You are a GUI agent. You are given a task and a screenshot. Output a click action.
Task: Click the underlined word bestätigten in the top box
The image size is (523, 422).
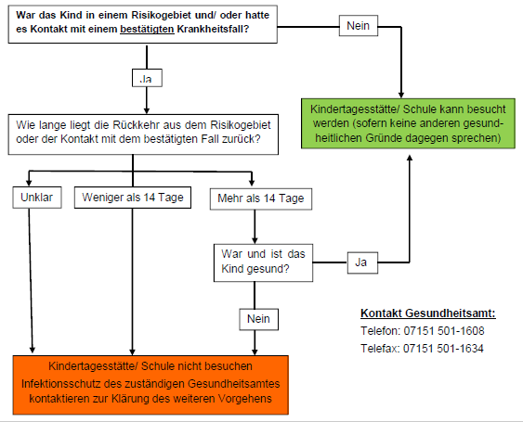point(147,30)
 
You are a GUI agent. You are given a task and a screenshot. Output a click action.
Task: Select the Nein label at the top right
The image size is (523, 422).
point(359,26)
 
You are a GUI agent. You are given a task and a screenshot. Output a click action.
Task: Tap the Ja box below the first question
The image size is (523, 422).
point(147,78)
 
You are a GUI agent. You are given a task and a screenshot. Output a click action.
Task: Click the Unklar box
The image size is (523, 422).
point(37,198)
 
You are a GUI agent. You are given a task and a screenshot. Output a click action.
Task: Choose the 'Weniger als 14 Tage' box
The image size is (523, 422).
point(133,198)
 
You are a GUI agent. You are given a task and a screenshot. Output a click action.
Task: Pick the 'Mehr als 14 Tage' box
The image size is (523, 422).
point(261,198)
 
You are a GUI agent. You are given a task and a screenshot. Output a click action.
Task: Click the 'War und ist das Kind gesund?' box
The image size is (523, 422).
point(263,262)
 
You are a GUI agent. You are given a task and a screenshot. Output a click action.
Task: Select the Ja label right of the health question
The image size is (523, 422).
point(362,262)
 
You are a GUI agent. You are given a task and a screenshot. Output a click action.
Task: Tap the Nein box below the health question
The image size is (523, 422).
point(259,319)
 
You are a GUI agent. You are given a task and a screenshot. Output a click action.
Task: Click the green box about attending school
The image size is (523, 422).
point(408,123)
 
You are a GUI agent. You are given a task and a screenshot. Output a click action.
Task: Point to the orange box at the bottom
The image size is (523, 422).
point(150,385)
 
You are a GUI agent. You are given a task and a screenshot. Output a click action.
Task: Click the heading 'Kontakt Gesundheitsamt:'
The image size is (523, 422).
point(428,313)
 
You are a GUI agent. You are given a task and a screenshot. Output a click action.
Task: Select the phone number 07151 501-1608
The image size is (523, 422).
point(444,331)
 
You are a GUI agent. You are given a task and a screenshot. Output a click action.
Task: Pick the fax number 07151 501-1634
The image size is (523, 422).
point(443,349)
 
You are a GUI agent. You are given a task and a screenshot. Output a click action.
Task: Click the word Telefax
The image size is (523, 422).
point(380,349)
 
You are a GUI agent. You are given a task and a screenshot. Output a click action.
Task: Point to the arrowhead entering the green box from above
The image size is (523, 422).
point(401,95)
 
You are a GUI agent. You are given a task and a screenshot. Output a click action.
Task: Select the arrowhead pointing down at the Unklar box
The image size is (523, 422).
point(29,183)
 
